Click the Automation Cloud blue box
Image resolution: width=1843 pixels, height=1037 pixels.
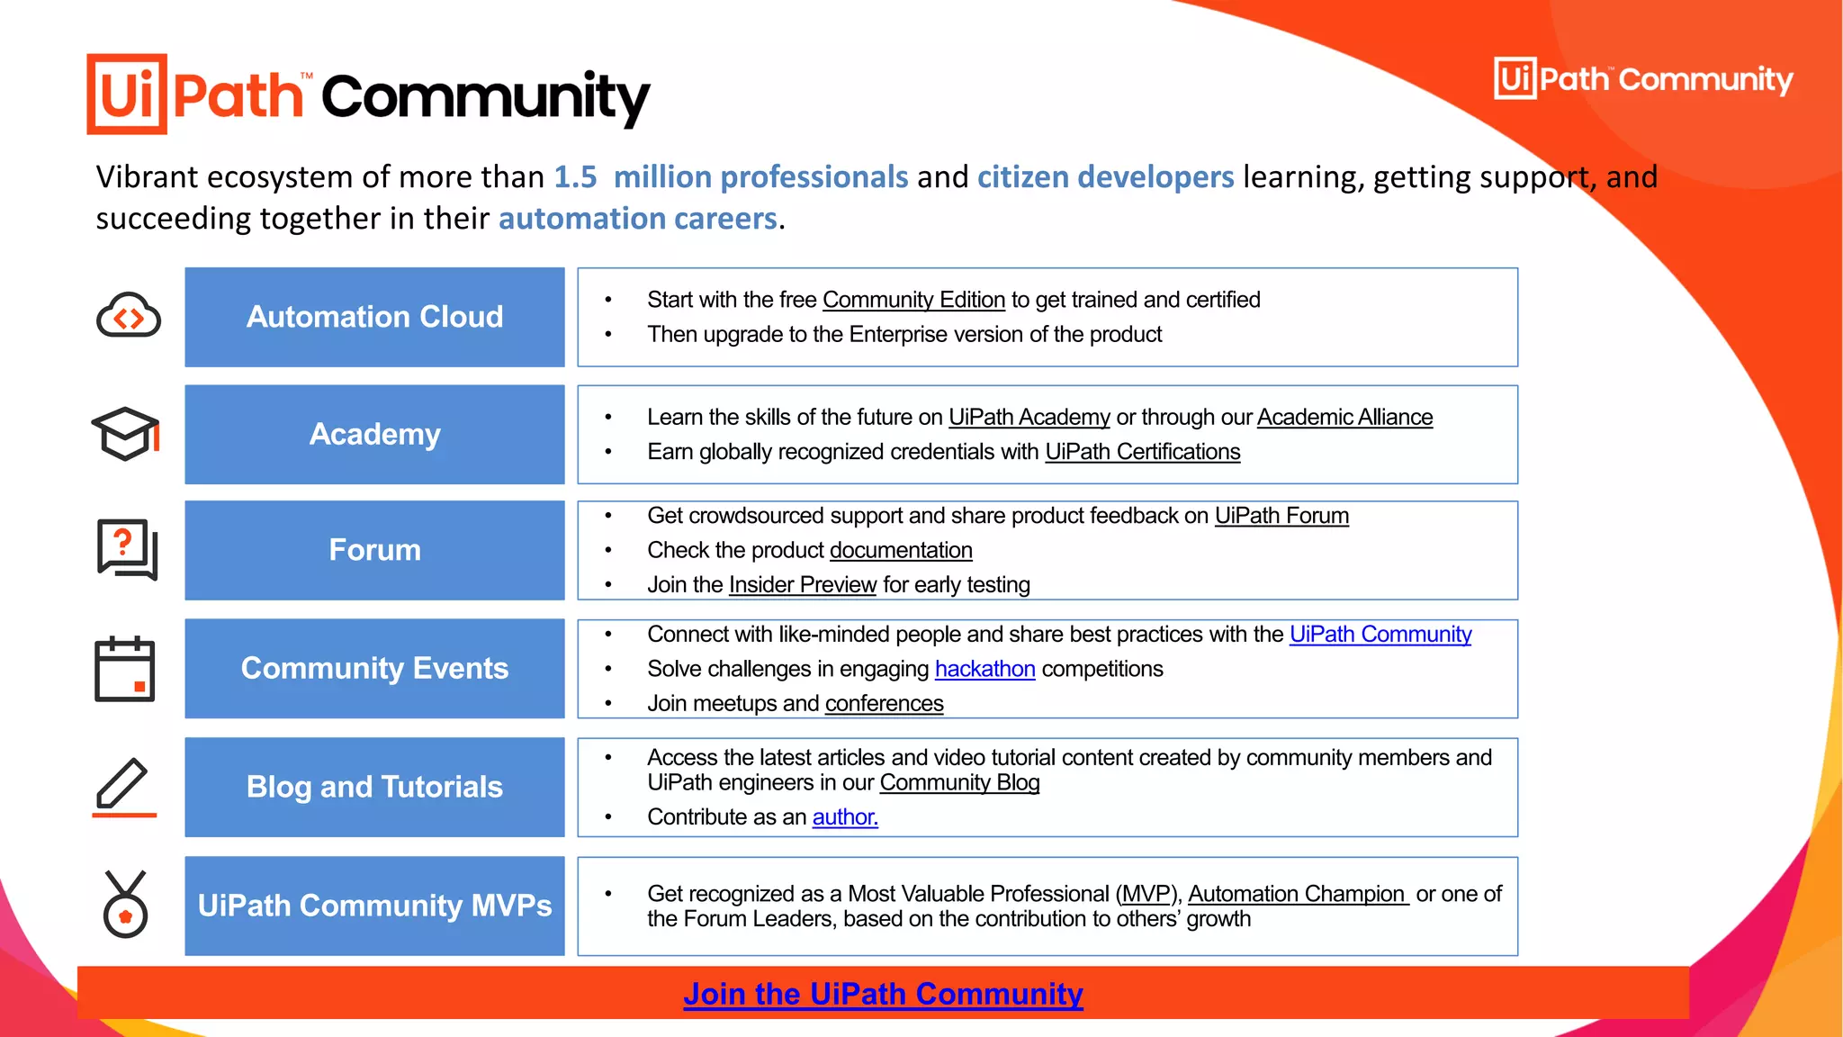pos(374,317)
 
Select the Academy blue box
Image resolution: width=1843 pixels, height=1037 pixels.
pos(374,434)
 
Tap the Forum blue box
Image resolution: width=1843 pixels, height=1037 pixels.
pos(374,550)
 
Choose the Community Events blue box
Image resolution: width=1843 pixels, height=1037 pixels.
pos(374,668)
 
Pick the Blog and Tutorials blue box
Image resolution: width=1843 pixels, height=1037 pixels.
pos(374,787)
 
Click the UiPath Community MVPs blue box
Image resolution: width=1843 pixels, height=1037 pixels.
pos(374,906)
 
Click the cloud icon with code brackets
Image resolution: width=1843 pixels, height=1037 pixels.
pos(128,316)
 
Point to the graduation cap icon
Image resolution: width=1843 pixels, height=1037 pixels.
pos(125,434)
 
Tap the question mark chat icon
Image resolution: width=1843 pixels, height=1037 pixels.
pos(127,549)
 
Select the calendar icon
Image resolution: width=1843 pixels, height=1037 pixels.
pos(125,669)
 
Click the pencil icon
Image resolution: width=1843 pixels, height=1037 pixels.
pos(123,787)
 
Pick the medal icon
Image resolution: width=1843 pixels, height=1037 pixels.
pos(125,905)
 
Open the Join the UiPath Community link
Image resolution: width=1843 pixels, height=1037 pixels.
pos(883,994)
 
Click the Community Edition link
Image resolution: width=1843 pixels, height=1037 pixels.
pos(913,300)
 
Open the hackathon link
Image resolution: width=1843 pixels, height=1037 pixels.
pos(984,669)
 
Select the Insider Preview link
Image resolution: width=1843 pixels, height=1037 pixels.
pos(802,585)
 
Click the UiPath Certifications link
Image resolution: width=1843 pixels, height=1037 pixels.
pos(1142,452)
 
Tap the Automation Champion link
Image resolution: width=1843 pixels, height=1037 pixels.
pos(1297,894)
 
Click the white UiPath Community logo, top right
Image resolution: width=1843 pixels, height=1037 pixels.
pos(1643,79)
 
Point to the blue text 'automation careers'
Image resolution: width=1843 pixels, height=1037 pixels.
pos(637,219)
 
